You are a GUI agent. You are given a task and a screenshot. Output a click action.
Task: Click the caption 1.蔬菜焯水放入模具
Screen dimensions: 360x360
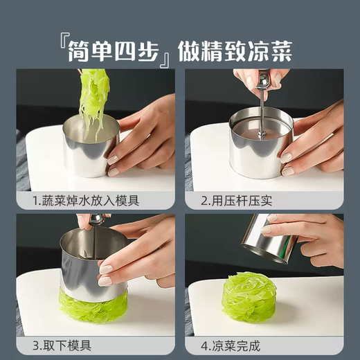tap(86, 201)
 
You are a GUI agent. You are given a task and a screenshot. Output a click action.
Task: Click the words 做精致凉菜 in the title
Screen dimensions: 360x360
tap(235, 50)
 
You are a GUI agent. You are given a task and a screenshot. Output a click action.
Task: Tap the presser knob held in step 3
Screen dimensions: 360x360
tap(97, 220)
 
